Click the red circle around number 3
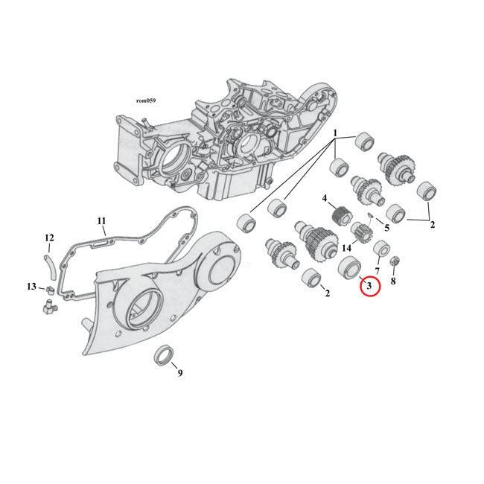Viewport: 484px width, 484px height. pyautogui.click(x=369, y=285)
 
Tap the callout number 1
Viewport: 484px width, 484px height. pyautogui.click(x=336, y=134)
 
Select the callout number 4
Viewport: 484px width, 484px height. pyautogui.click(x=325, y=198)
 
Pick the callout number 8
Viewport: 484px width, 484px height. pyautogui.click(x=393, y=281)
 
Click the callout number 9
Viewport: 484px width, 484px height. pyautogui.click(x=179, y=372)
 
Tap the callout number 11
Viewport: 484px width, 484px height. pyautogui.click(x=102, y=220)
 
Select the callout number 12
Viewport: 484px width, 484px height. pyautogui.click(x=50, y=238)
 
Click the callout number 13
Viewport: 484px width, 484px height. pyautogui.click(x=31, y=287)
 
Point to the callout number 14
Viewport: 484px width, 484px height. pyautogui.click(x=346, y=247)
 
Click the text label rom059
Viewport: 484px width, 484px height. pyautogui.click(x=145, y=100)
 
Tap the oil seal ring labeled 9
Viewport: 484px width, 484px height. pyautogui.click(x=165, y=354)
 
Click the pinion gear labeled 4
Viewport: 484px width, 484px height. pyautogui.click(x=342, y=217)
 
